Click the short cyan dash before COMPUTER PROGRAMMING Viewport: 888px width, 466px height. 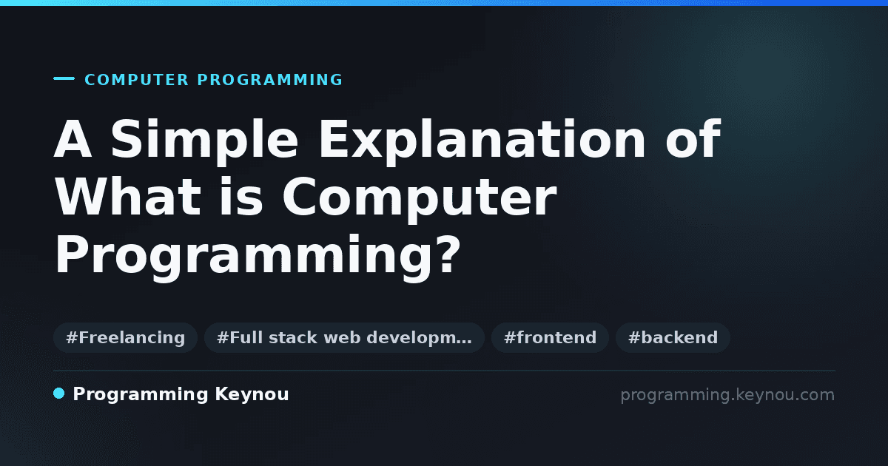[x=64, y=78]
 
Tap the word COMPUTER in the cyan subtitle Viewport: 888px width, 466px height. [x=137, y=80]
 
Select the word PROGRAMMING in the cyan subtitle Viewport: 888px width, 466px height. [x=270, y=80]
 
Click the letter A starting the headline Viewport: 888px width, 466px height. [x=73, y=139]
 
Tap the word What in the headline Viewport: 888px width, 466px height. [x=127, y=197]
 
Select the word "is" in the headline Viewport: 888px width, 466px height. [x=241, y=197]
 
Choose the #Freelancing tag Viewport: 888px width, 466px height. [x=125, y=337]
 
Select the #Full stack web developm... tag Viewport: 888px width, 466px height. [x=344, y=337]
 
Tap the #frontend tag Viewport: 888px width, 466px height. [x=550, y=337]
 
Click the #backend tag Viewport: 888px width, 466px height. [x=673, y=337]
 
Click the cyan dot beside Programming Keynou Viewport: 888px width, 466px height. [x=59, y=394]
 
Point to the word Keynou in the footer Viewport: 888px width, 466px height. [x=252, y=395]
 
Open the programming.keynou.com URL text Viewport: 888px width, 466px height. [x=727, y=395]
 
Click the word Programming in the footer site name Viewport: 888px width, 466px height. [x=141, y=395]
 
